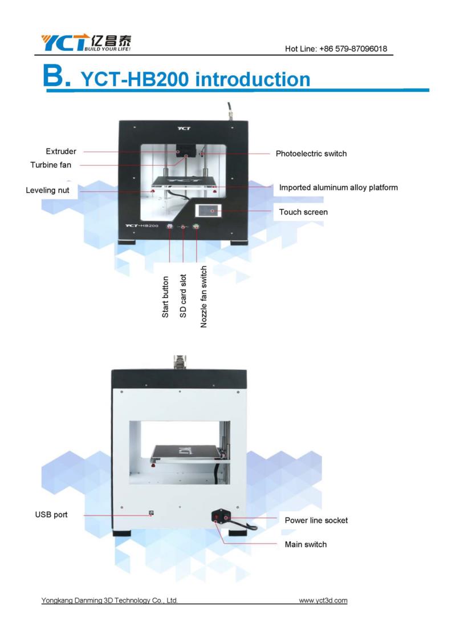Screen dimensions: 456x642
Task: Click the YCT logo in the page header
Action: [x=86, y=43]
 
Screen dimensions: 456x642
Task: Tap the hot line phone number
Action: [x=353, y=49]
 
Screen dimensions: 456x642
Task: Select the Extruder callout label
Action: [x=61, y=151]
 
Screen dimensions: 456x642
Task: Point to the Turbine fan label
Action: [x=51, y=165]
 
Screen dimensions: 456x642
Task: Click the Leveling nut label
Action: [x=47, y=191]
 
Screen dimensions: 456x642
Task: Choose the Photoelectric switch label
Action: [x=311, y=154]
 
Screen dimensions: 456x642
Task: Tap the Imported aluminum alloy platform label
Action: [x=338, y=188]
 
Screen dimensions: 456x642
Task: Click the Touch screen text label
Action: [x=303, y=212]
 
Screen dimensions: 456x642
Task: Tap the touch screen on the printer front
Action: [x=210, y=211]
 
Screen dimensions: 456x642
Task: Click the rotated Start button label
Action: [x=165, y=297]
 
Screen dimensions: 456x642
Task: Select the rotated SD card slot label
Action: [x=183, y=296]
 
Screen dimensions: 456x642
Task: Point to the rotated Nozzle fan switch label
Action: [x=203, y=296]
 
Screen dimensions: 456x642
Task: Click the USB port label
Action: [x=51, y=515]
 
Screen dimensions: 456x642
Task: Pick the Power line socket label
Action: [x=316, y=520]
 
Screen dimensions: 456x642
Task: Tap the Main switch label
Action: [x=306, y=544]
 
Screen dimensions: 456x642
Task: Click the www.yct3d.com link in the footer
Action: [x=323, y=601]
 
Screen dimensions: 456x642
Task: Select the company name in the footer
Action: [x=109, y=601]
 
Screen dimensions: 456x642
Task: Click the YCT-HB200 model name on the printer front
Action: [x=141, y=226]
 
